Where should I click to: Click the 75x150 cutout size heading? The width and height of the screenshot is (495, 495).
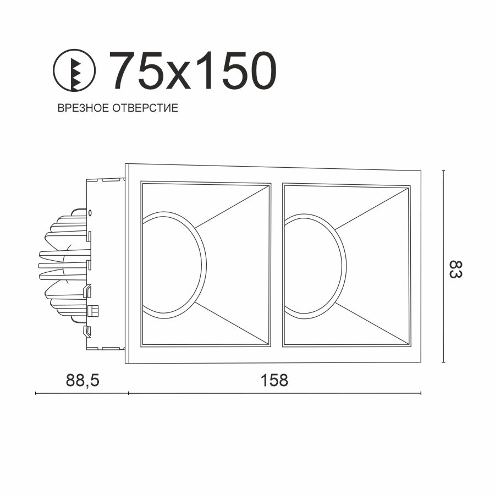193,70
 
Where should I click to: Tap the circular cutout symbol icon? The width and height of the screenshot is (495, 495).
74,70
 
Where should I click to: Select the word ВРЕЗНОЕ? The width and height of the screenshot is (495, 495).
83,108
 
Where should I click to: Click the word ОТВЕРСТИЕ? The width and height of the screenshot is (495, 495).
145,108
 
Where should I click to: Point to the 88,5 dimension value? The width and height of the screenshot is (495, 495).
82,380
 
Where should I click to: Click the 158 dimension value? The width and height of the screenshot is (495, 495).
274,380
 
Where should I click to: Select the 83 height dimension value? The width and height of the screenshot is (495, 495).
455,269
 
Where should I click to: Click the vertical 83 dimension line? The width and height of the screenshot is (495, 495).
443,266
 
